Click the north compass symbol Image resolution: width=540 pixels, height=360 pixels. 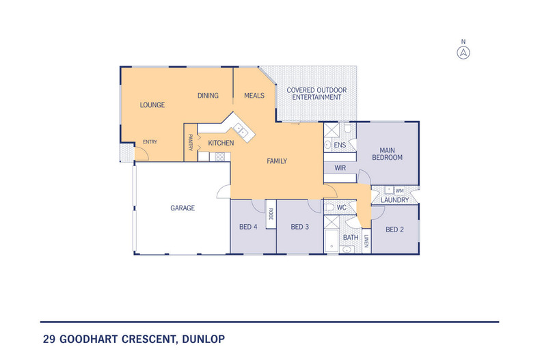pos(463,51)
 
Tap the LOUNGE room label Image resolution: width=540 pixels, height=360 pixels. pos(152,105)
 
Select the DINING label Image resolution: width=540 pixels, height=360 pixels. pos(208,96)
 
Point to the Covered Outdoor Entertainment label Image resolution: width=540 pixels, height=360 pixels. pos(316,94)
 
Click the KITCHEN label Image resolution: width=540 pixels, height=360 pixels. pos(221,143)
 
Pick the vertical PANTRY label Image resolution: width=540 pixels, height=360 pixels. pos(190,143)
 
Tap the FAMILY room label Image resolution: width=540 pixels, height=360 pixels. pos(276,161)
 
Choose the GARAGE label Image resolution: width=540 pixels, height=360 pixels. pos(183,208)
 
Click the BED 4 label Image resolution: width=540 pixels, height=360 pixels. pos(247,227)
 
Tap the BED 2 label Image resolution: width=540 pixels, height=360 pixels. pos(395,230)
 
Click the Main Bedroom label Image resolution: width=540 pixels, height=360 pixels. pos(387,153)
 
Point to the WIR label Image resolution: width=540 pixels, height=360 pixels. pos(340,167)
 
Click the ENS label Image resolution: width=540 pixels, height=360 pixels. pos(340,145)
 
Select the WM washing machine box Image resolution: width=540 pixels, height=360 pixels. pos(400,190)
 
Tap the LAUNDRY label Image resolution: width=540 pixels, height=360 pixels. pos(394,200)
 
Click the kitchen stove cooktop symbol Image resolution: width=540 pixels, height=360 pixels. pos(220,156)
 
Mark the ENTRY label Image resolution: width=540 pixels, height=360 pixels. pos(150,142)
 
